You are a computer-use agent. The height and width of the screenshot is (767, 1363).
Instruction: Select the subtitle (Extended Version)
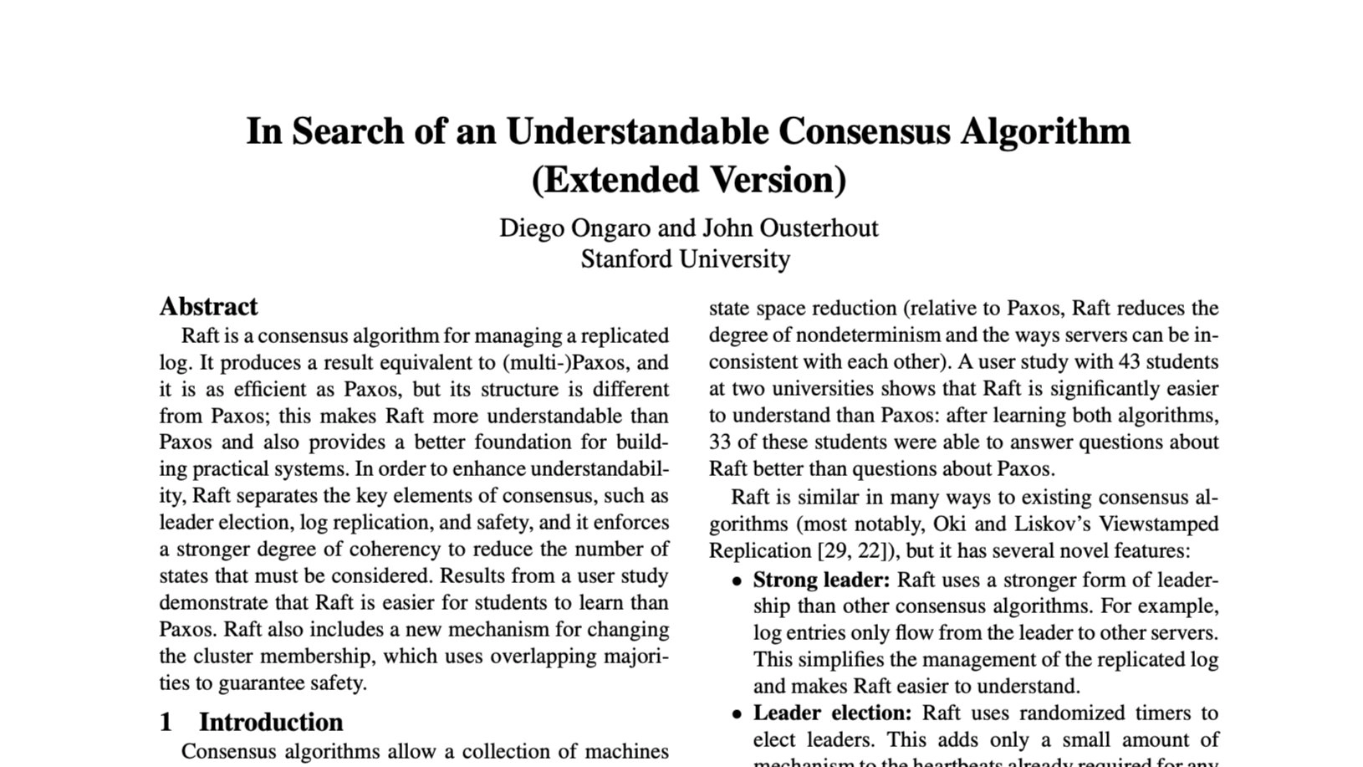[688, 180]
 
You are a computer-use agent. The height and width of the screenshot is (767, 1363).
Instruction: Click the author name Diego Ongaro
[574, 228]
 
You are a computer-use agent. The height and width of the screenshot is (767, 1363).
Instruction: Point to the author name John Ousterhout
[790, 228]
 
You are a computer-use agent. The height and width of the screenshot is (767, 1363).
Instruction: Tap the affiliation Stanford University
[685, 259]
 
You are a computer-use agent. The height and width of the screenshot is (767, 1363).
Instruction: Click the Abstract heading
[208, 307]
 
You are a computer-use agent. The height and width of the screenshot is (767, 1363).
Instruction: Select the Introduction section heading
[270, 722]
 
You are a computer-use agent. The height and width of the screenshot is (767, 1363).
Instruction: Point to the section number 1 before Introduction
[166, 722]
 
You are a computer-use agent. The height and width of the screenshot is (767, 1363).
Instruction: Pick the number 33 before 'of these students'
[721, 442]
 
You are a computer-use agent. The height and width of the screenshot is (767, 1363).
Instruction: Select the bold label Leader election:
[832, 713]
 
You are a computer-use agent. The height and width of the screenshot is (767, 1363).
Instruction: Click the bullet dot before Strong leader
[737, 581]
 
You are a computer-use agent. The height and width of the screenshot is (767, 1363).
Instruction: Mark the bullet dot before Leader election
[737, 715]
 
